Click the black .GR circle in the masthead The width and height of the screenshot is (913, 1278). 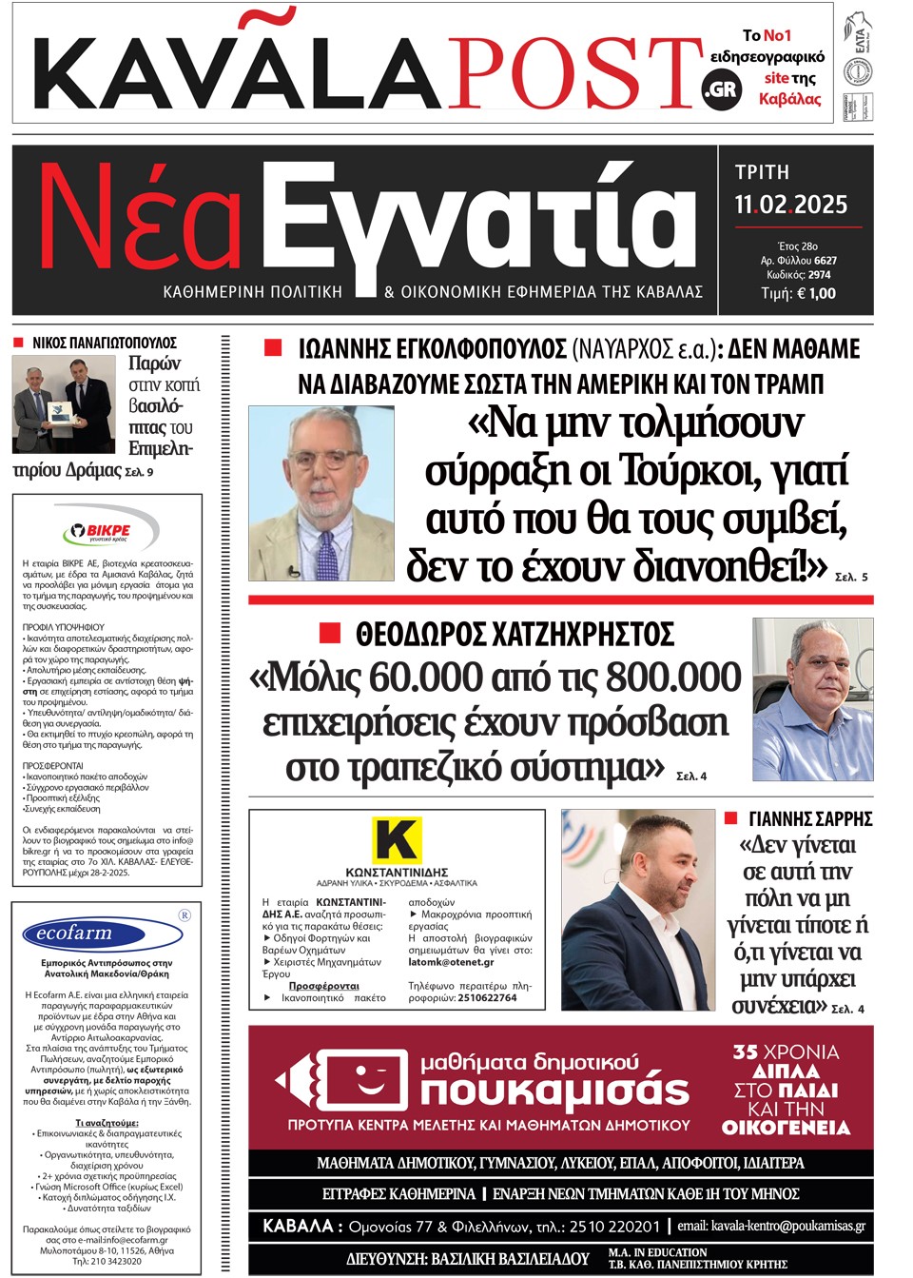pyautogui.click(x=720, y=90)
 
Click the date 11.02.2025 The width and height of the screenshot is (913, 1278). pyautogui.click(x=790, y=205)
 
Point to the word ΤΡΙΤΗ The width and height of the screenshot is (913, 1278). pyautogui.click(x=762, y=172)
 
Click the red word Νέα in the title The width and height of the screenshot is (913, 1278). pyautogui.click(x=143, y=222)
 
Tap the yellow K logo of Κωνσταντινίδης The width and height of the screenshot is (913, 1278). pyautogui.click(x=396, y=839)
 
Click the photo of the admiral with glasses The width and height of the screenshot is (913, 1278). pyautogui.click(x=321, y=493)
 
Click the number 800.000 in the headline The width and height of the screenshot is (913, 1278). pyautogui.click(x=673, y=678)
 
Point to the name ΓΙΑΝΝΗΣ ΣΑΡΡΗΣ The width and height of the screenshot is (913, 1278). pyautogui.click(x=810, y=819)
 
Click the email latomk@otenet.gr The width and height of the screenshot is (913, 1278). pyautogui.click(x=451, y=962)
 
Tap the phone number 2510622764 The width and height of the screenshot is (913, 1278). pyautogui.click(x=487, y=998)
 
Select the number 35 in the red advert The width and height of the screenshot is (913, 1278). pyautogui.click(x=745, y=1052)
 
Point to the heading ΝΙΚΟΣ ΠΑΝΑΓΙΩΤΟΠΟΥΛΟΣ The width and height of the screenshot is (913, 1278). pyautogui.click(x=105, y=343)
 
